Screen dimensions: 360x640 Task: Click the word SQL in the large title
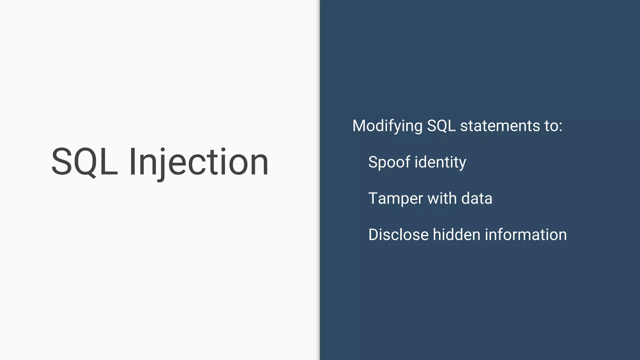click(x=84, y=162)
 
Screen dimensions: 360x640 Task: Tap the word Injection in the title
click(x=199, y=162)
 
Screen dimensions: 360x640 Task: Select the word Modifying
click(x=387, y=126)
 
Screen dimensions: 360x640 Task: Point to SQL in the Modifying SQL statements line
click(x=441, y=126)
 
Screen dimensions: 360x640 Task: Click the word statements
click(x=500, y=126)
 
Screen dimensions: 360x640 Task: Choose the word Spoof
click(x=389, y=162)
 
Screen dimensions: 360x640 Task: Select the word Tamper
click(x=395, y=198)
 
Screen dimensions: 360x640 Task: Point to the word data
click(x=477, y=198)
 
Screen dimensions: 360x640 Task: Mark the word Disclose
click(x=398, y=235)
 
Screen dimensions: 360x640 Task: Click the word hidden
click(x=456, y=234)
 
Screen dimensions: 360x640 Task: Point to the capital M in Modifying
click(x=360, y=126)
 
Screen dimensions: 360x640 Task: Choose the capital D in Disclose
click(x=374, y=235)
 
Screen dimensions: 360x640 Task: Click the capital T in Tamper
click(x=374, y=198)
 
